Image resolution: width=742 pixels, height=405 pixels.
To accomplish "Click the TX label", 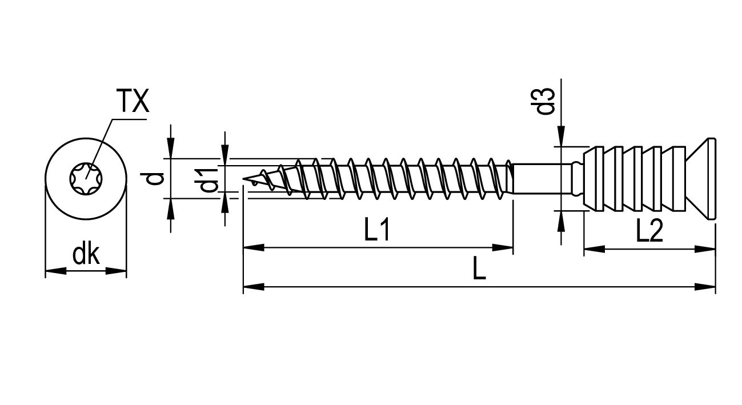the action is tap(134, 101).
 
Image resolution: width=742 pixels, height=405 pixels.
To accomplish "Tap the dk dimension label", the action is tap(86, 255).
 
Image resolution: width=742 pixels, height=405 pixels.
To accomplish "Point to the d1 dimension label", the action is tap(210, 180).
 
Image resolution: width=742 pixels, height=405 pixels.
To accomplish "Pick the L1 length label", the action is tap(377, 229).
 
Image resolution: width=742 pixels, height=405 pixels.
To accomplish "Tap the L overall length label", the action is tap(479, 267).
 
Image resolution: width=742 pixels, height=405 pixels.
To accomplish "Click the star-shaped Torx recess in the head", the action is tap(86, 179).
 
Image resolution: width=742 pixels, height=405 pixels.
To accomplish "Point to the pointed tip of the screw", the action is tap(244, 179).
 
